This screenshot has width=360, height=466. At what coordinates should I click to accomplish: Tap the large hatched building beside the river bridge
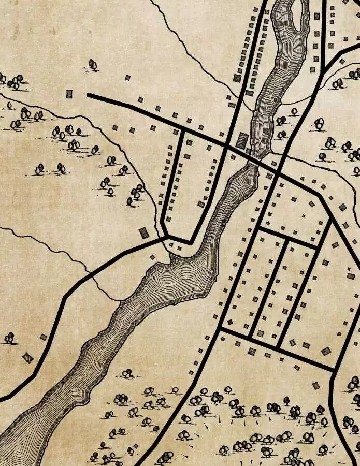coord(242,140)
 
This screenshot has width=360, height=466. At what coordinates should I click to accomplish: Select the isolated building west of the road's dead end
coord(69,94)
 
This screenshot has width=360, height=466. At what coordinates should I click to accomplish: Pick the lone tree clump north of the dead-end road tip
coord(93,65)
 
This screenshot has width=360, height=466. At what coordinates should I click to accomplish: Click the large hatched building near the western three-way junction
coord(144,232)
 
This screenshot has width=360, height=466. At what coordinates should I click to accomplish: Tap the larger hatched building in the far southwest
coord(27,357)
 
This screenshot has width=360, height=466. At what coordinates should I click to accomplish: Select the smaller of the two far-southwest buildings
coord(44,337)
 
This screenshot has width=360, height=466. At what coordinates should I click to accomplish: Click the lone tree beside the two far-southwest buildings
coord(9,339)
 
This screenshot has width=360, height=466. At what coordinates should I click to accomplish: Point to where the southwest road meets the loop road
coord(167,237)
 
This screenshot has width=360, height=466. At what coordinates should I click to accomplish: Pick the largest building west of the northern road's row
coord(237,78)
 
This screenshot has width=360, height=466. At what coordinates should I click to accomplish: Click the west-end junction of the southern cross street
coord(220,328)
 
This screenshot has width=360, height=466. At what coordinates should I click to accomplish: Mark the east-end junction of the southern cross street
coord(333,370)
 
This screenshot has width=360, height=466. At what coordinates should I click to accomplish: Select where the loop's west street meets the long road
coord(183,129)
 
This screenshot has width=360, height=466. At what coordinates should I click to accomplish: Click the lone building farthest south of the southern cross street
coord(316,385)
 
